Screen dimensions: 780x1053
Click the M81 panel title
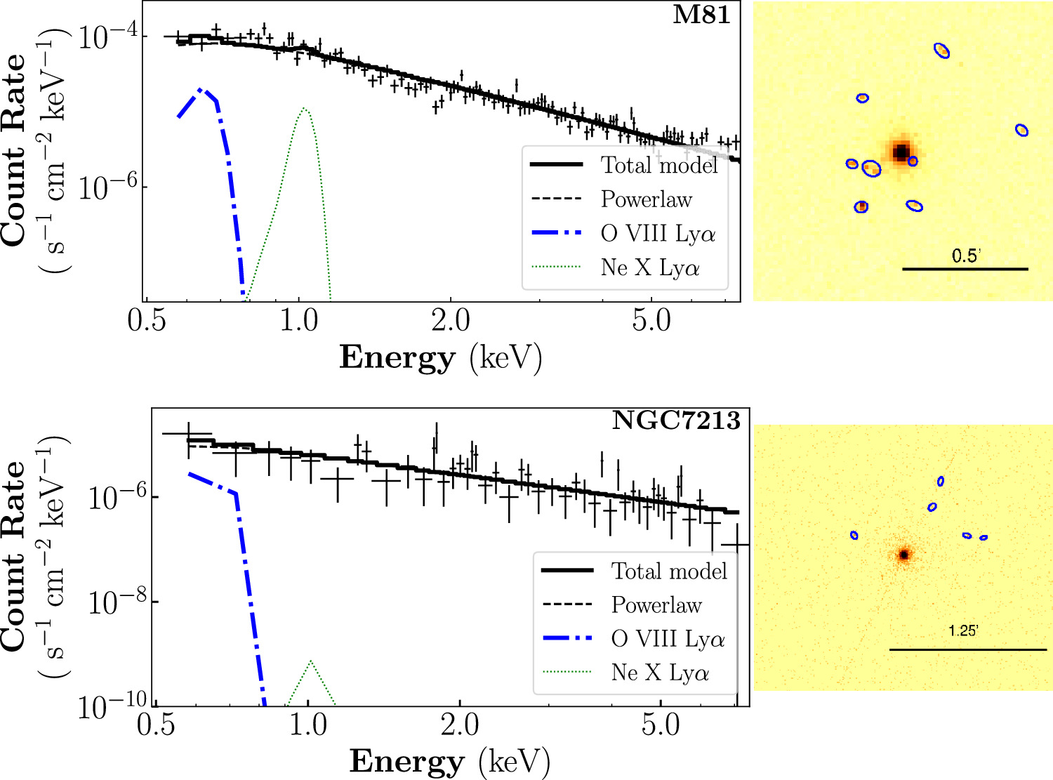(701, 15)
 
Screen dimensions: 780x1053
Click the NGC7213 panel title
(676, 421)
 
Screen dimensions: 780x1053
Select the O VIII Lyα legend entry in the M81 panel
(658, 233)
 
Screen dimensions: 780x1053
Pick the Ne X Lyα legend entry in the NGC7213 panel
(660, 673)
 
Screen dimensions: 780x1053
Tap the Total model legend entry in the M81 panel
(659, 165)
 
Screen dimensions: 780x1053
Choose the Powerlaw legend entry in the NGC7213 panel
(656, 604)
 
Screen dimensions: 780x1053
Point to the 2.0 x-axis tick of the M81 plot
(451, 321)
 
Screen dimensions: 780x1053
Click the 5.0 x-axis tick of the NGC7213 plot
(661, 725)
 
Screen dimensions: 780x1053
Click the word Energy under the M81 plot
(397, 358)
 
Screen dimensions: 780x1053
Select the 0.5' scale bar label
(965, 256)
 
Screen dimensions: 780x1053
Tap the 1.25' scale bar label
(963, 631)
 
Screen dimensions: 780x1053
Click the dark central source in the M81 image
(901, 152)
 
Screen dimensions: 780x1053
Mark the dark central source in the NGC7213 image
(904, 555)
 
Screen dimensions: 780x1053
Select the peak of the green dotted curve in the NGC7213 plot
(310, 661)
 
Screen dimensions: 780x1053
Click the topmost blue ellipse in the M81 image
(942, 51)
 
